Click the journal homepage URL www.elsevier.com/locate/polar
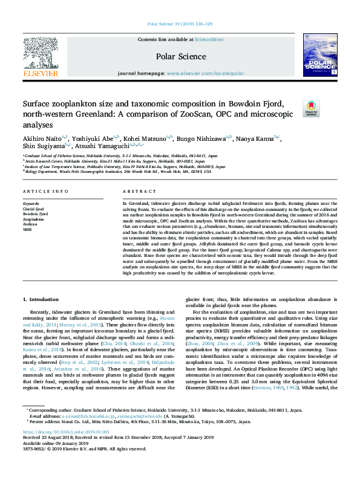[205, 73]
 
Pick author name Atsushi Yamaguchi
[108, 146]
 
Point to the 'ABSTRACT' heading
[136, 192]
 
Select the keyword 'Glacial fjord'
[33, 209]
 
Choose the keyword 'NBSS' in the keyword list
[28, 230]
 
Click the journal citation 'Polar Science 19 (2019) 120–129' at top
[180, 24]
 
